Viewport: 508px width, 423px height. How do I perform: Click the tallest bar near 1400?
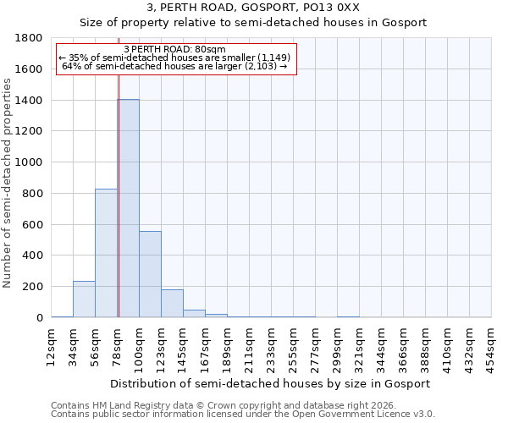click(x=129, y=208)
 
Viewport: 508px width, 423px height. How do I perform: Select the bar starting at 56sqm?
click(x=106, y=253)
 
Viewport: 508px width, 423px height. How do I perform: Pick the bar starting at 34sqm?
click(x=84, y=299)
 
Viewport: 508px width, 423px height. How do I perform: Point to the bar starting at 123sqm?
click(x=172, y=304)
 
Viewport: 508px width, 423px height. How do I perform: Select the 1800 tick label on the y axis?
click(x=30, y=38)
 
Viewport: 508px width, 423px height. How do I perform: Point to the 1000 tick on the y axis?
click(x=30, y=162)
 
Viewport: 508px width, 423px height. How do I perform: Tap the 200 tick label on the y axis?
click(x=33, y=287)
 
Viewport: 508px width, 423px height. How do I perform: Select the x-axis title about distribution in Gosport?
click(x=271, y=383)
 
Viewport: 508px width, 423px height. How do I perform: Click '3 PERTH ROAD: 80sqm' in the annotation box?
click(x=174, y=49)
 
